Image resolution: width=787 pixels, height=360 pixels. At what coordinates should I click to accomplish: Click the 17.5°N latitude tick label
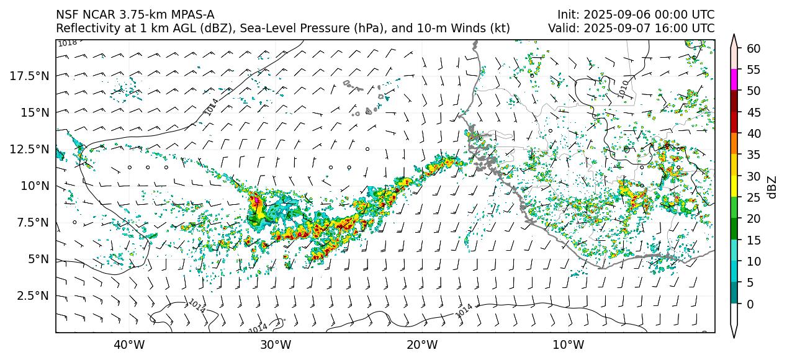(29, 76)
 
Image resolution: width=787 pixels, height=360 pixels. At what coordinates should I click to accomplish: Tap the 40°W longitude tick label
(129, 344)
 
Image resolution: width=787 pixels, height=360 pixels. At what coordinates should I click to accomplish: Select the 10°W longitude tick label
(568, 344)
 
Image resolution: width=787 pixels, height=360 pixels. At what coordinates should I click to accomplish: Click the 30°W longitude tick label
(276, 344)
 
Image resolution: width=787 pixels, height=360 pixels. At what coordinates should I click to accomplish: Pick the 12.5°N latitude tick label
(29, 149)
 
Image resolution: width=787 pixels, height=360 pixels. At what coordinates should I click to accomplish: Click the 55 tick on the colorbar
(753, 70)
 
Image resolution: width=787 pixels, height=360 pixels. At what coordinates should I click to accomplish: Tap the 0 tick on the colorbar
(750, 304)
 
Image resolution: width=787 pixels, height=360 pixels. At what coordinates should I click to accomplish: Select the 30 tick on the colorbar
(753, 176)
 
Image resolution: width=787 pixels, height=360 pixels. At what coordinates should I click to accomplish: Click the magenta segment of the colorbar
(734, 80)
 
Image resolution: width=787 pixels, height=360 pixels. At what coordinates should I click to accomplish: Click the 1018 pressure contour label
(67, 43)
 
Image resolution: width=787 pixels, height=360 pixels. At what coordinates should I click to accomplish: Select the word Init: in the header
(569, 14)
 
